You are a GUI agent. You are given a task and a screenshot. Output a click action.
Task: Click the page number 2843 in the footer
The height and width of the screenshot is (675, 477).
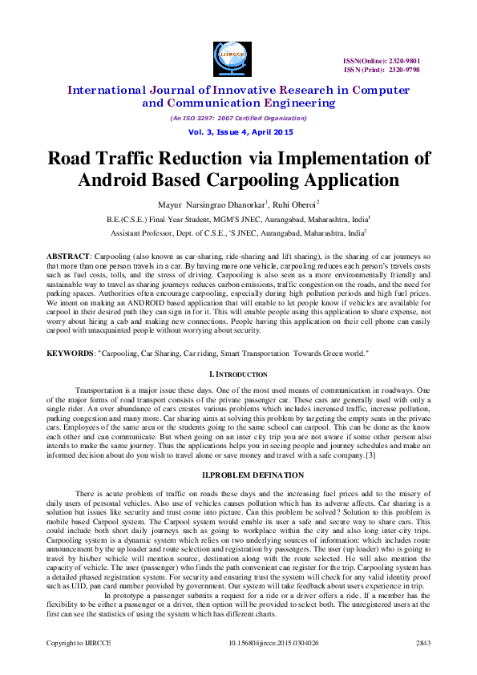point(423,644)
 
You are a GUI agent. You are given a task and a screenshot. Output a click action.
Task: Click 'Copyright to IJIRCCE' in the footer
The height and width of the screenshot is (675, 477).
point(77,644)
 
